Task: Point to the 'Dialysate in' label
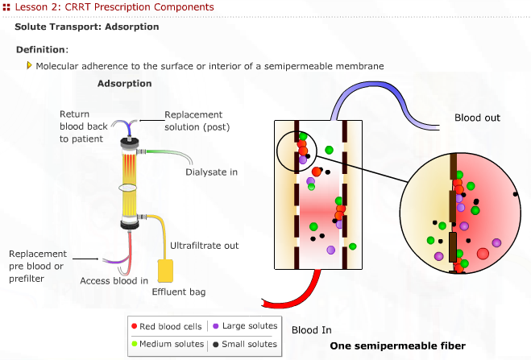212,172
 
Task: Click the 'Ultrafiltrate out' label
204,245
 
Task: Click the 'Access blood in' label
114,281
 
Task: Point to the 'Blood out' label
477,118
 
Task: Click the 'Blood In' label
311,330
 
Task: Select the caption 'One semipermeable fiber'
397,346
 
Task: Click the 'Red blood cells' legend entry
166,326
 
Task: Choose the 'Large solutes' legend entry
245,326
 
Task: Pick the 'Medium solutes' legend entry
168,344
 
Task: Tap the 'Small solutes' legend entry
245,344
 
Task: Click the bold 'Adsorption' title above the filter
125,84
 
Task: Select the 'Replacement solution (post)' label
193,121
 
